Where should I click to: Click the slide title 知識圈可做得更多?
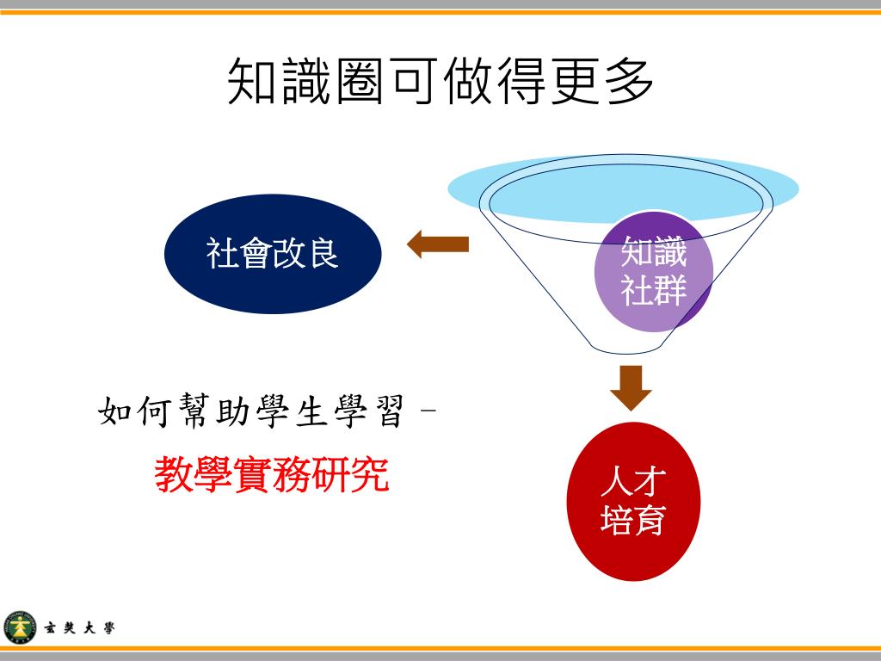(440, 83)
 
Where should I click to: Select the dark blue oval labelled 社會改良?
(273, 254)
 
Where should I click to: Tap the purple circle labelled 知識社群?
(654, 271)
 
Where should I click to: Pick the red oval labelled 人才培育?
(634, 502)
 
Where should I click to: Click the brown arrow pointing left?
(438, 244)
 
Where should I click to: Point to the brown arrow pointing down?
(631, 387)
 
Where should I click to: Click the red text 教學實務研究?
(273, 474)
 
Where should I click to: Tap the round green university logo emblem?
(21, 627)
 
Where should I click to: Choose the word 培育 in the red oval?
(634, 520)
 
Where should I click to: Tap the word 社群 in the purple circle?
(654, 290)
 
